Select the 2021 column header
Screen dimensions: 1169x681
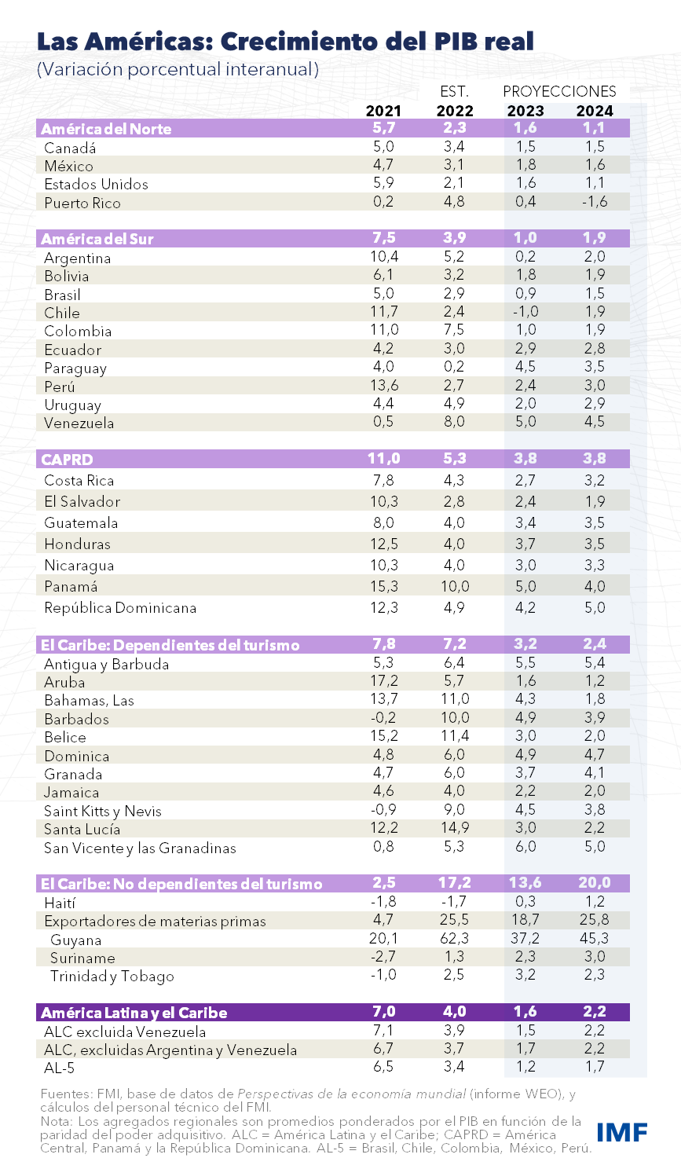pyautogui.click(x=383, y=111)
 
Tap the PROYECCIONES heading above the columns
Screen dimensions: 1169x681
pyautogui.click(x=559, y=91)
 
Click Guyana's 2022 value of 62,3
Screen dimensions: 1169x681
pyautogui.click(x=455, y=938)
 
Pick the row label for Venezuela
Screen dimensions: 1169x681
pyautogui.click(x=79, y=423)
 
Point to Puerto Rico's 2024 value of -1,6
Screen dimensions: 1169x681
pyautogui.click(x=595, y=201)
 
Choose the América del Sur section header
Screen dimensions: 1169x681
pyautogui.click(x=97, y=239)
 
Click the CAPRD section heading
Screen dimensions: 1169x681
pyautogui.click(x=67, y=460)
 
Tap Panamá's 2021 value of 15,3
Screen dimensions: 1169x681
pyautogui.click(x=383, y=586)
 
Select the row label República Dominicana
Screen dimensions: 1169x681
pyautogui.click(x=120, y=607)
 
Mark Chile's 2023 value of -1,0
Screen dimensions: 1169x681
pyautogui.click(x=525, y=311)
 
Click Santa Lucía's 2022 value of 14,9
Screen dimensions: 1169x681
pyautogui.click(x=455, y=827)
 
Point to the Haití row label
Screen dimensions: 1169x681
pyautogui.click(x=60, y=903)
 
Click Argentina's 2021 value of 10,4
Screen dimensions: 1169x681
pyautogui.click(x=383, y=256)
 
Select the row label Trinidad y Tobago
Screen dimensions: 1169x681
pyautogui.click(x=112, y=976)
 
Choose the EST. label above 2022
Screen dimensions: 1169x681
pyautogui.click(x=455, y=91)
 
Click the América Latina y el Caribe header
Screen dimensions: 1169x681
pyautogui.click(x=134, y=1013)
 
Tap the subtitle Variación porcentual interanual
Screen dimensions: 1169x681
pyautogui.click(x=178, y=69)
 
